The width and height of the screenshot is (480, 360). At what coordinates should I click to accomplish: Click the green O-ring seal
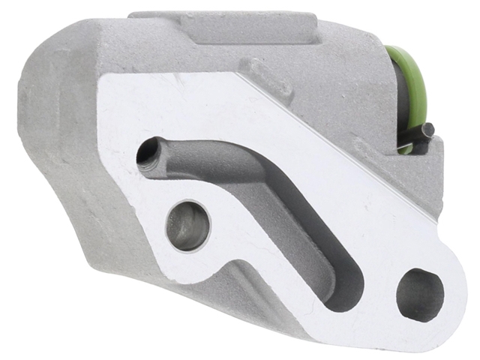(412, 82)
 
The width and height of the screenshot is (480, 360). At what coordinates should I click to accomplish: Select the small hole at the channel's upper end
(146, 155)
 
